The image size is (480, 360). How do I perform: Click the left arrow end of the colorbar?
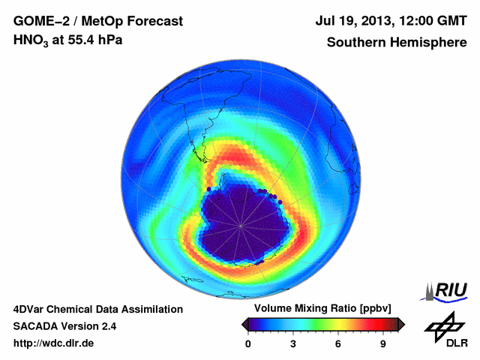244,324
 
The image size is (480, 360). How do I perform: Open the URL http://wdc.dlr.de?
54,343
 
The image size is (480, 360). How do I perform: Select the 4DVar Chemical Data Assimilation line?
97,309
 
